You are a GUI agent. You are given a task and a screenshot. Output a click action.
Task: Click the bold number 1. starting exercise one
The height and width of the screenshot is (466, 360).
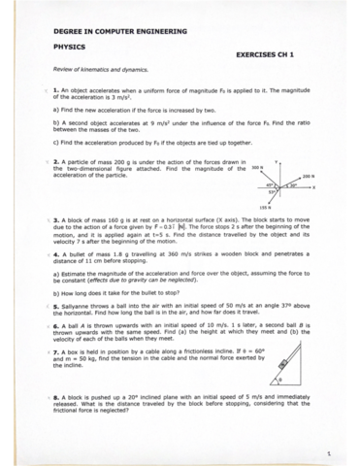click(56, 89)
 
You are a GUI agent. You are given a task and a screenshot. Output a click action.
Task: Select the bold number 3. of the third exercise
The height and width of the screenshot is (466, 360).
click(56, 219)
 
